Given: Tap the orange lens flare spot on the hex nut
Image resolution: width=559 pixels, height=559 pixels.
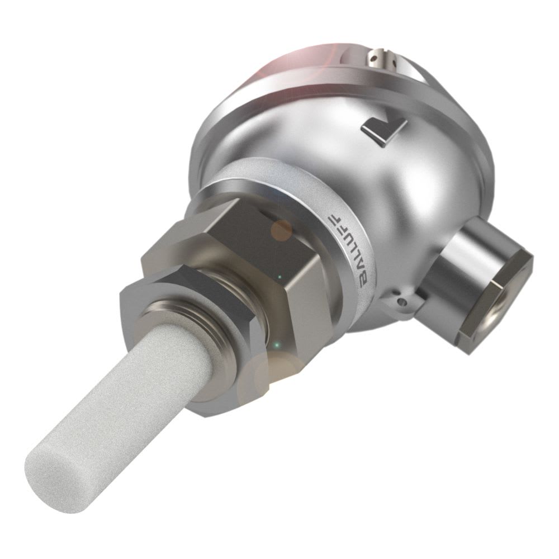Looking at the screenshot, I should click(281, 229).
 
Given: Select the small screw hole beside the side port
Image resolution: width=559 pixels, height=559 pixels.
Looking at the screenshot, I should click(401, 302).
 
